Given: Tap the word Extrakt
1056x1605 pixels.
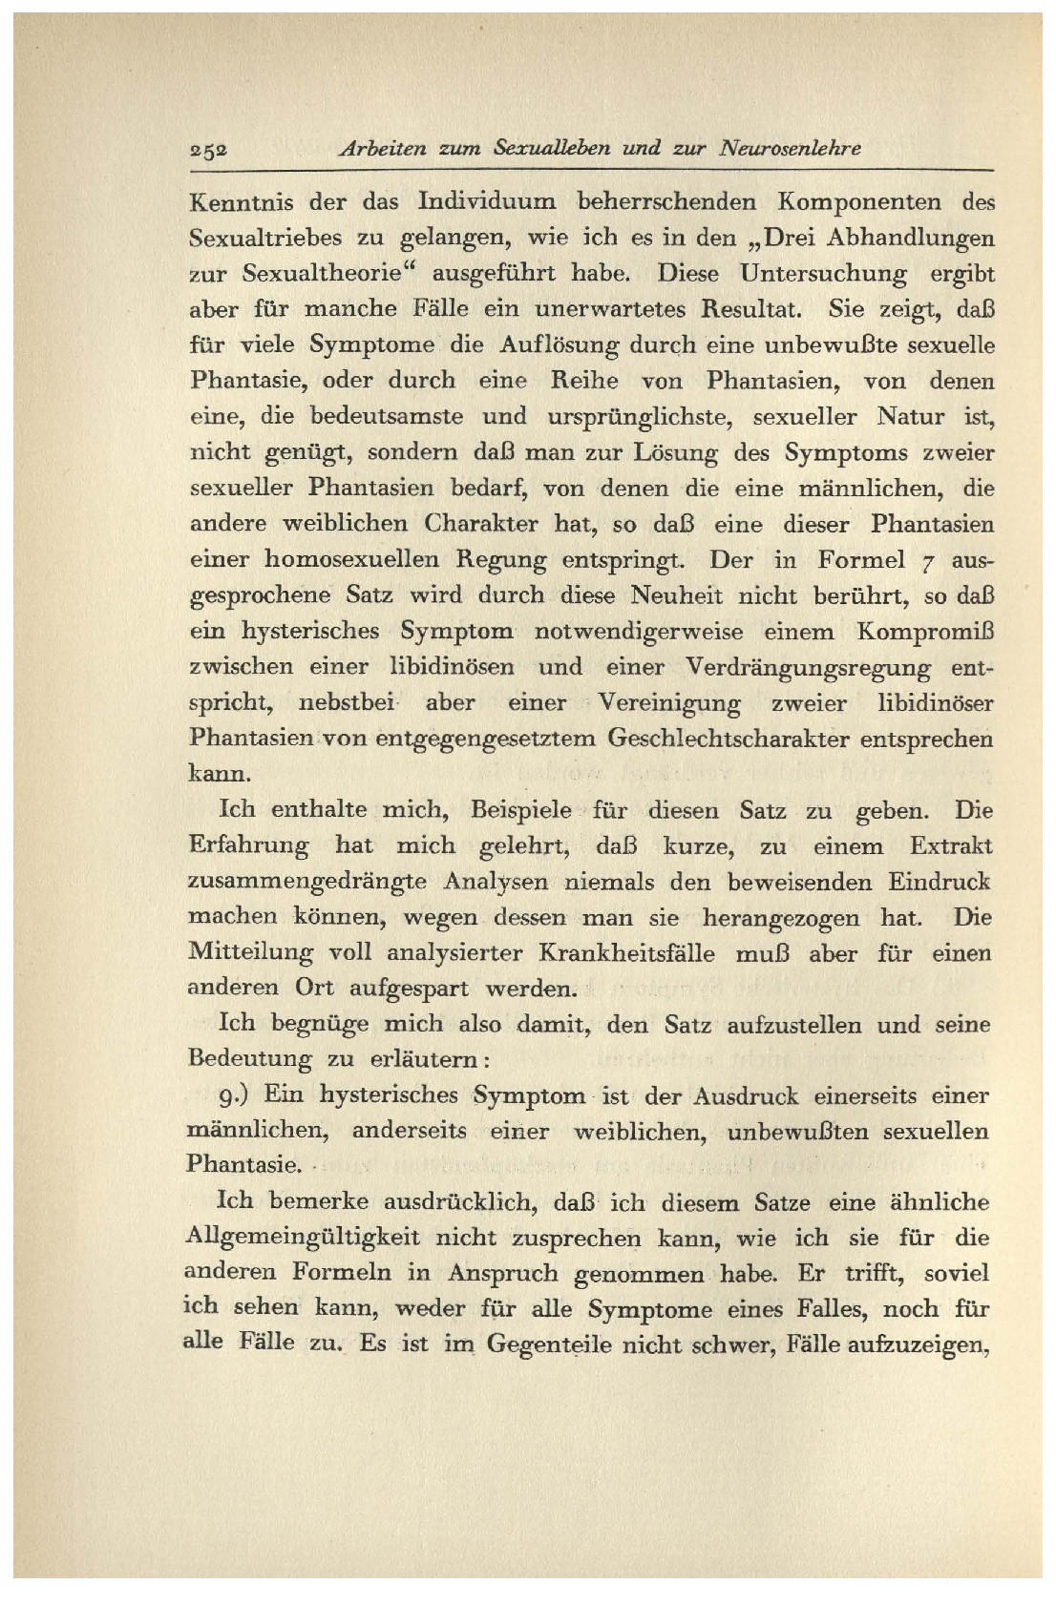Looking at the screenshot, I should point(950,846).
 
